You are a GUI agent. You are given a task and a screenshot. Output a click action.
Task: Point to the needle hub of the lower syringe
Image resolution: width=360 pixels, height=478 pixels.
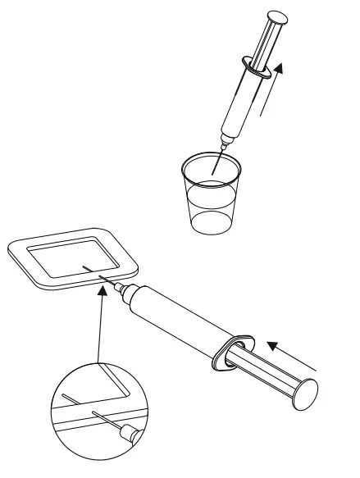click(124, 288)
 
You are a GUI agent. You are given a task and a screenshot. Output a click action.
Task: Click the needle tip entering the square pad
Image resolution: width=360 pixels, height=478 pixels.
click(87, 267)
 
